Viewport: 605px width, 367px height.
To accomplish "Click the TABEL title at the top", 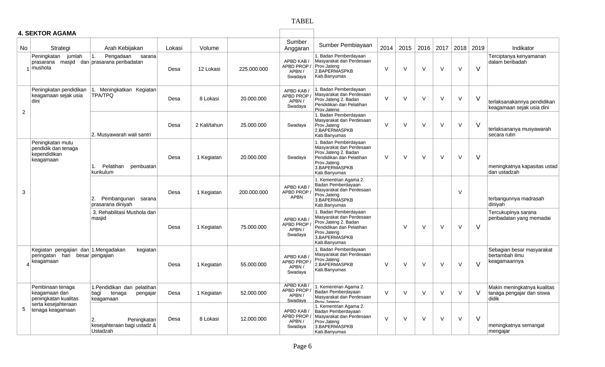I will point(302,21).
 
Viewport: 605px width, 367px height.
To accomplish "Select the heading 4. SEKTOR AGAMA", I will point(47,33).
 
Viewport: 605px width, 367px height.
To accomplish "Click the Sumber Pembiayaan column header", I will point(345,45).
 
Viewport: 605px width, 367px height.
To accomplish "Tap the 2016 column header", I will point(424,48).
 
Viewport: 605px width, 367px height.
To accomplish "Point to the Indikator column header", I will point(523,48).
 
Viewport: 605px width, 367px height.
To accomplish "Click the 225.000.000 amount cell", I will point(253,69).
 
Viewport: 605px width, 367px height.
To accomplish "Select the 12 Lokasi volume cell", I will point(209,69).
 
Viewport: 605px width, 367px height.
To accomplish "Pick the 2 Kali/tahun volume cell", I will point(209,125).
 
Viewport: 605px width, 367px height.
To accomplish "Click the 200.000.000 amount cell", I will point(253,193).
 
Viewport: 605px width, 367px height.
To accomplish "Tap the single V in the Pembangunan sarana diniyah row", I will point(460,193).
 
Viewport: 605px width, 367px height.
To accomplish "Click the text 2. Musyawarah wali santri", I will point(121,135).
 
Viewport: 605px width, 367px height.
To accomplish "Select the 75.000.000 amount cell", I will point(253,227).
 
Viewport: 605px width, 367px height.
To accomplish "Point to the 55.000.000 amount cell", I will point(253,265).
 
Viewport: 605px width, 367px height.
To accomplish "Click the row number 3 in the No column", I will point(24,193).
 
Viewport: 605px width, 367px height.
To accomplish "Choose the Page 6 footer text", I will point(302,346).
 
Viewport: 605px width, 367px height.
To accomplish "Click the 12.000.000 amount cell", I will point(253,319).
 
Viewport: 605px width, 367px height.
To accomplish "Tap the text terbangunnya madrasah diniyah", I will point(516,202).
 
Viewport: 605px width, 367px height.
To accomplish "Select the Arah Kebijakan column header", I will point(123,48).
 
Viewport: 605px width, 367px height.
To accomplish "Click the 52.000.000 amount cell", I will point(253,293).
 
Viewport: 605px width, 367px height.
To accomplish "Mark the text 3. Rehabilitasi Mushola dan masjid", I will point(124,215).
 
